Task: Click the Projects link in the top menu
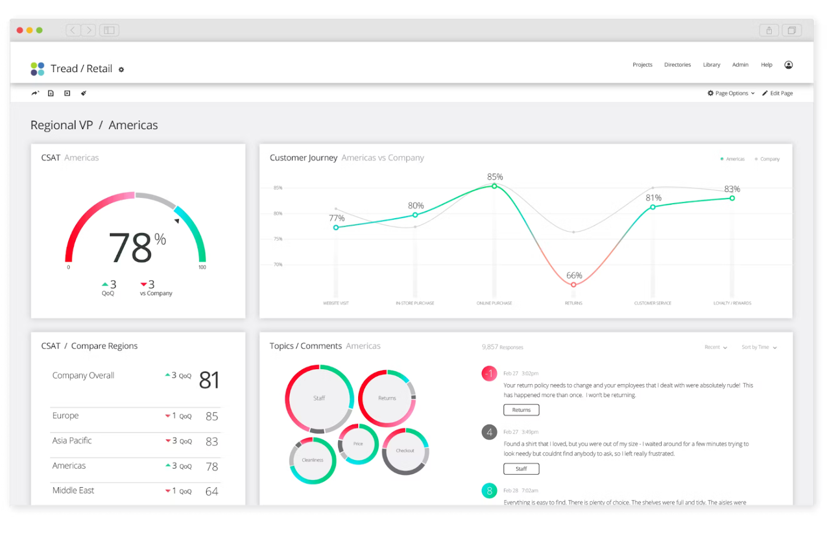642,65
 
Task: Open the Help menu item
766,65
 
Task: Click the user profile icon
788,65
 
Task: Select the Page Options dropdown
731,93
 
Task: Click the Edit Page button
778,93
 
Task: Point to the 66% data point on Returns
573,285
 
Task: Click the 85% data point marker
495,186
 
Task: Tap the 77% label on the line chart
336,218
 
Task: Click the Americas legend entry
733,159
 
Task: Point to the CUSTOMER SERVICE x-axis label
652,303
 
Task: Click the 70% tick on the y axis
278,265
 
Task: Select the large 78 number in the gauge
131,248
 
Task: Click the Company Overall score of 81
209,380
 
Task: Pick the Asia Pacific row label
72,441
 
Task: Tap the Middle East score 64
212,492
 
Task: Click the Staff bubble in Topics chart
319,398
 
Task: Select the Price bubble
358,444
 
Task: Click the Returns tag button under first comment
521,410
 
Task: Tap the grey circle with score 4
489,432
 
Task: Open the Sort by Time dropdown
758,347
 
